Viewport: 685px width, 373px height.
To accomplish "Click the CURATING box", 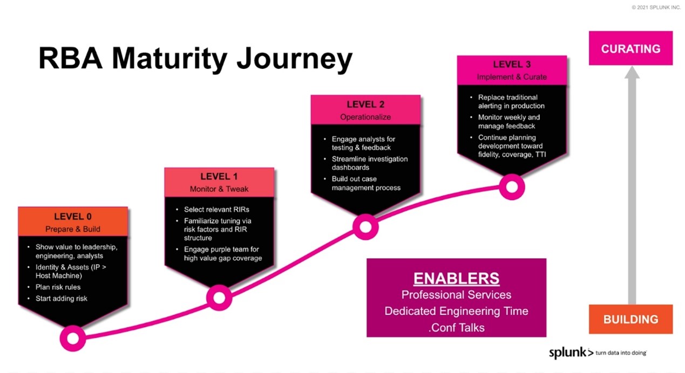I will coord(630,49).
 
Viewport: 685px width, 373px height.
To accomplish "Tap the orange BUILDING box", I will coord(630,319).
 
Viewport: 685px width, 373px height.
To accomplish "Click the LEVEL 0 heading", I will coord(73,217).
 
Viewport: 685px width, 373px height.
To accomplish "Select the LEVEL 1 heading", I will coord(219,176).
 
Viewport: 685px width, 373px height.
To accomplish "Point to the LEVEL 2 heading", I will coord(365,105).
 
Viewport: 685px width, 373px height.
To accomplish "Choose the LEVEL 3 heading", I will coord(512,65).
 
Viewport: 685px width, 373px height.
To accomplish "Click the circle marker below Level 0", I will coord(73,338).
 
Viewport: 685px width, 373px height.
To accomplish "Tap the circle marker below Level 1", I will coord(219,298).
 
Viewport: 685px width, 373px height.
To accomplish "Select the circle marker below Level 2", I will coord(365,226).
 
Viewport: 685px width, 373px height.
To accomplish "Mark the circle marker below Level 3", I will coord(512,187).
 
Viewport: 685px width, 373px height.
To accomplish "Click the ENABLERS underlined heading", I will coord(456,278).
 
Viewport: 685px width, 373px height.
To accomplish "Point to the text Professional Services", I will coord(456,295).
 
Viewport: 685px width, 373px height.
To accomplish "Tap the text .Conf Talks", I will coord(456,327).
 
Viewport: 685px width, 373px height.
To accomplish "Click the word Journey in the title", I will coord(294,58).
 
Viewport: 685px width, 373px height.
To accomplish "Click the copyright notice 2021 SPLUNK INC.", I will coord(656,8).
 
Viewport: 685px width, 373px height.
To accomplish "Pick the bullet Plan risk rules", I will coord(58,287).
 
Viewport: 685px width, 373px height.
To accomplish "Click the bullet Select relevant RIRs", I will coord(216,209).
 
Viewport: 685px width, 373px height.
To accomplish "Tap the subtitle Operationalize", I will coord(365,117).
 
